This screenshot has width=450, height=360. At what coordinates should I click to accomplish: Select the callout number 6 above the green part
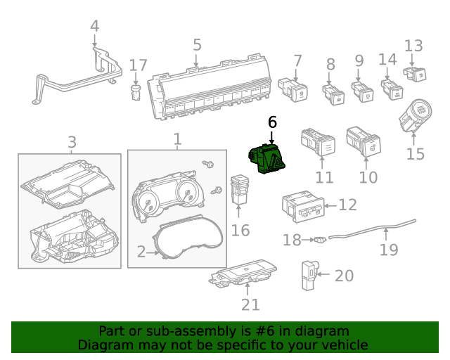pos(272,122)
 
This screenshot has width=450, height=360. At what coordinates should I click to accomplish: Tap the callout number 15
pos(416,153)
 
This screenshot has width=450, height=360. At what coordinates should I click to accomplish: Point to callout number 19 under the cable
pos(389,249)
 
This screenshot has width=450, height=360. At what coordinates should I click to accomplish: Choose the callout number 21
pos(250,304)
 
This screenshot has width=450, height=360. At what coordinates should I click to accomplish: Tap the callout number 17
pos(139,65)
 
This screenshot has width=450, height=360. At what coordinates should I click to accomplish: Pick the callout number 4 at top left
pos(95,27)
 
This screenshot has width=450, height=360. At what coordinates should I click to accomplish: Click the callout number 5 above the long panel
pos(197,45)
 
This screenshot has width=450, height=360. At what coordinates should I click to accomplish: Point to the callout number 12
pos(348,205)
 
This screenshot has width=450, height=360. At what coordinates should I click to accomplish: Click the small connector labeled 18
pos(321,240)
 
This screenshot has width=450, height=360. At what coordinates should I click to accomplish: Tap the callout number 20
pos(344,276)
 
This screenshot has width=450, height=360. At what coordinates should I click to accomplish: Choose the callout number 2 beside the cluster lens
pos(141,252)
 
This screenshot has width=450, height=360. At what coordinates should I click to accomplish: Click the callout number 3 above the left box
pos(72,143)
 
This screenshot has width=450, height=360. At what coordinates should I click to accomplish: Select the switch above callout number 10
pos(364,141)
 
